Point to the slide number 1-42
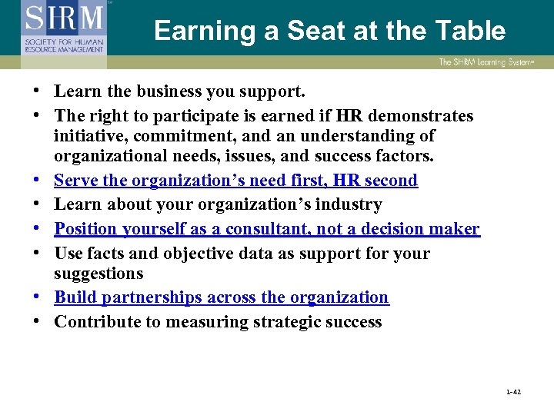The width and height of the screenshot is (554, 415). pyautogui.click(x=513, y=392)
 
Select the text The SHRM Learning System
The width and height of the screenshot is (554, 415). pyautogui.click(x=486, y=62)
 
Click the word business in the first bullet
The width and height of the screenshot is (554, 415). pyautogui.click(x=169, y=91)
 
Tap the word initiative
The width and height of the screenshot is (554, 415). pyautogui.click(x=88, y=136)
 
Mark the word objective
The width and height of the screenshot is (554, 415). pyautogui.click(x=181, y=254)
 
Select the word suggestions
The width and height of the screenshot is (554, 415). pyautogui.click(x=98, y=274)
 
